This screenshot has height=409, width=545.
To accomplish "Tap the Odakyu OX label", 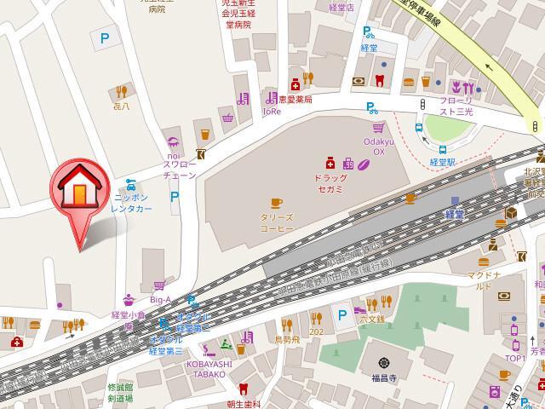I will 374,147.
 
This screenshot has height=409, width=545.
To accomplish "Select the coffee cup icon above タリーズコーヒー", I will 276,203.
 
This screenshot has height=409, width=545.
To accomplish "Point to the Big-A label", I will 160,299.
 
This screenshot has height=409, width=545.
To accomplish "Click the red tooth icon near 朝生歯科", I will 243,389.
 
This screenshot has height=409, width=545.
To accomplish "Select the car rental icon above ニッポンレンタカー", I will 130,184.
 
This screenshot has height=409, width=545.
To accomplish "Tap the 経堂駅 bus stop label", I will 444,162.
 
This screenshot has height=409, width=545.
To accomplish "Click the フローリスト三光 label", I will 456,106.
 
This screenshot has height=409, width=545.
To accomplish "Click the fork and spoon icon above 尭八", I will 121,91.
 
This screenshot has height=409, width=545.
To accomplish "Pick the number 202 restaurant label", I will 316,331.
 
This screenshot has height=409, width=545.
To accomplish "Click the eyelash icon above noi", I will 175,142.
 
